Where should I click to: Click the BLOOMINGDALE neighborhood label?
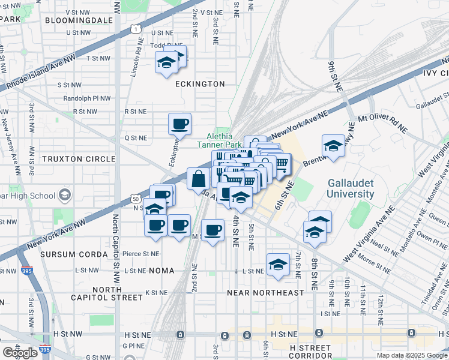[79, 20]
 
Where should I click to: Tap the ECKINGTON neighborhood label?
[200, 84]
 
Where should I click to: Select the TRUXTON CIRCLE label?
[78, 158]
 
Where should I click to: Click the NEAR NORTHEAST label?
[265, 293]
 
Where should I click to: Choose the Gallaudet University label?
[351, 188]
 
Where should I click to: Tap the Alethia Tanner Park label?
[219, 140]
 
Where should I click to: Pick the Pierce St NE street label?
[141, 254]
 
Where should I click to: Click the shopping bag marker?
[199, 179]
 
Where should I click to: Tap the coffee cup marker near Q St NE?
[179, 124]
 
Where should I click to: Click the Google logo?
[20, 353]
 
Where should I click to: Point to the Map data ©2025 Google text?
[412, 355]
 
